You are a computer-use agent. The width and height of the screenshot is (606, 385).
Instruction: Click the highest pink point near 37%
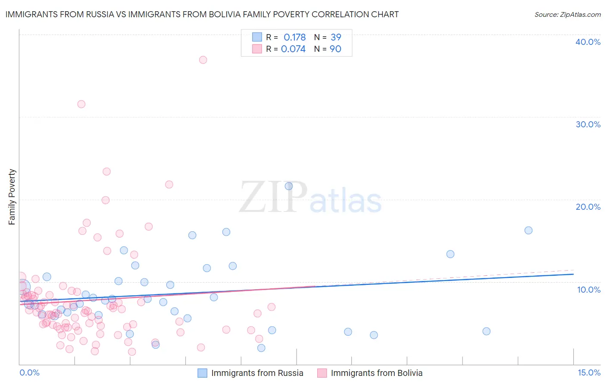[x=203, y=60]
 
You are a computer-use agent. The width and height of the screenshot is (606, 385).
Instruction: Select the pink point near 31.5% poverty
[x=81, y=104]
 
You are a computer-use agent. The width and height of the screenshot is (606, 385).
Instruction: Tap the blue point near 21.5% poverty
[x=289, y=186]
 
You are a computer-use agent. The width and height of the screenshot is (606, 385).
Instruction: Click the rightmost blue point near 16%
[x=528, y=230]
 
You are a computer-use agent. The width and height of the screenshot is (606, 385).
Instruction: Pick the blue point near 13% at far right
[x=450, y=254]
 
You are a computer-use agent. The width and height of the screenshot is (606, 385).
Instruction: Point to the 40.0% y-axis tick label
[x=588, y=42]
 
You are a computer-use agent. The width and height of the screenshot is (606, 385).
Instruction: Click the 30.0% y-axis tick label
[x=588, y=124]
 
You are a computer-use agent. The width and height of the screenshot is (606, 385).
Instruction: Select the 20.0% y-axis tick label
[x=588, y=207]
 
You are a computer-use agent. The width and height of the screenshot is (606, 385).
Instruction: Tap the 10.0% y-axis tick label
[x=589, y=290]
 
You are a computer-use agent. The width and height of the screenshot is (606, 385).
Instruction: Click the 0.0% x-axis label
[x=29, y=373]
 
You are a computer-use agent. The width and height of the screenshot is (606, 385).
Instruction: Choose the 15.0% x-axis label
[x=589, y=373]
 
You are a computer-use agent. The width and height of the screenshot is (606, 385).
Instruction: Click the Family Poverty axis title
[x=12, y=197]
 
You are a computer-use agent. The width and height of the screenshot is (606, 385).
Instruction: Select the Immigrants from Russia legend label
[x=257, y=373]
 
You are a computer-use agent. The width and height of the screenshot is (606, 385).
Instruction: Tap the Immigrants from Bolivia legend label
[x=377, y=373]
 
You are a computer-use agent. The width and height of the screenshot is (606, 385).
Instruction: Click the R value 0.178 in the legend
[x=294, y=38]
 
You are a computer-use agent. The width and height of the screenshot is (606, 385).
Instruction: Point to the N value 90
[x=335, y=49]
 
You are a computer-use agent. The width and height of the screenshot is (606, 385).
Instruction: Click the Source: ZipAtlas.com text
[x=567, y=15]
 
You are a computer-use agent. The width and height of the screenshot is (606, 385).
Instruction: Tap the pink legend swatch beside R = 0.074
[x=257, y=49]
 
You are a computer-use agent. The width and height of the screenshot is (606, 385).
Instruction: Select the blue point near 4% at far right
[x=486, y=331]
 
